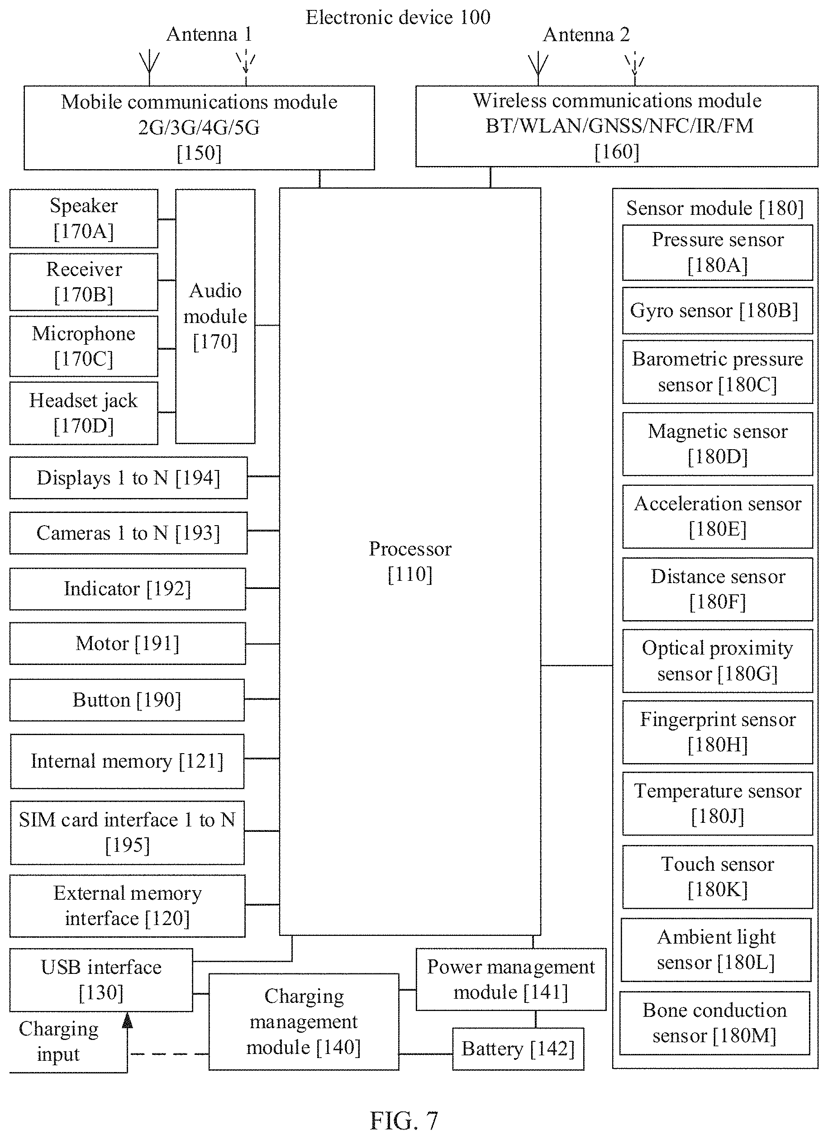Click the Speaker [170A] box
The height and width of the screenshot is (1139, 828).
coord(84,218)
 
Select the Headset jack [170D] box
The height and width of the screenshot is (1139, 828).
coord(84,413)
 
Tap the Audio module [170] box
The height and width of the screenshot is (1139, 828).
coord(215,316)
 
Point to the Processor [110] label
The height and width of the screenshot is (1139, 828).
coord(410,561)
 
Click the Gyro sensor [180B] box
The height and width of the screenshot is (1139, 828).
coord(718,310)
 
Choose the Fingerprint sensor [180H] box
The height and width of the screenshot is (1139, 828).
coord(718,732)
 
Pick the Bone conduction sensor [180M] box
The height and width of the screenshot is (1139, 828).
coord(714,1023)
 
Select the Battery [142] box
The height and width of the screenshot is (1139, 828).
coord(518,1049)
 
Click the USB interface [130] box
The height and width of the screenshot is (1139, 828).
coord(101,980)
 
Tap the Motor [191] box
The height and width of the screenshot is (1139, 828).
coord(128,643)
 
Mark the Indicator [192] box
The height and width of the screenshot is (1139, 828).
coord(128,588)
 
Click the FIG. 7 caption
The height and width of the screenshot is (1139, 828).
coord(404,1120)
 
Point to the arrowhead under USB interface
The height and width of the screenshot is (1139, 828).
coord(128,1020)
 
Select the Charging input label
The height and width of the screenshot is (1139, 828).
coord(58,1041)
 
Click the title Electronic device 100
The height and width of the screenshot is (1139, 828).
coord(398,18)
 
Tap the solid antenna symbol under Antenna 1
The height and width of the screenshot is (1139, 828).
coord(149,68)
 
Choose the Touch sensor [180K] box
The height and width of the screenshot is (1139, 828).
coord(718,877)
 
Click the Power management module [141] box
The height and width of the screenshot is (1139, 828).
coord(511,979)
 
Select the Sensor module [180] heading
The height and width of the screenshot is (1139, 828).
coord(715,208)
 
